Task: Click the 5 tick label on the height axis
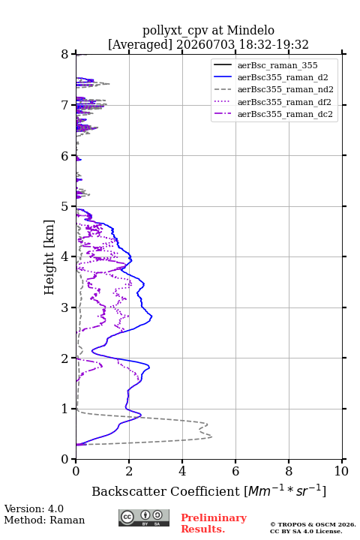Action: [x=64, y=206]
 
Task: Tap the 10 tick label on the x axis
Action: [x=341, y=471]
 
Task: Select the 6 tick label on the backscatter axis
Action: [x=235, y=471]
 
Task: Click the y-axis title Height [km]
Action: [x=49, y=257]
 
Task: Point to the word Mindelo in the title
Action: [x=250, y=30]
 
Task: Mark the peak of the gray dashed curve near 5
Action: [x=211, y=436]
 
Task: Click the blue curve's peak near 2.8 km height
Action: [x=151, y=316]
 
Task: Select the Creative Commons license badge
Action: [x=144, y=518]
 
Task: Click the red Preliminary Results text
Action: [x=214, y=523]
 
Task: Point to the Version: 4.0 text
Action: [x=34, y=508]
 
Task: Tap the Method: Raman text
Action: [x=44, y=520]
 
